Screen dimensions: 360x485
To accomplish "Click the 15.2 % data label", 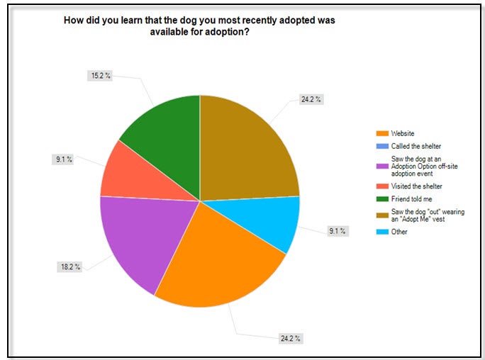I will pyautogui.click(x=101, y=75).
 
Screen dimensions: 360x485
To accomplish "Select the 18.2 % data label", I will pyautogui.click(x=70, y=267).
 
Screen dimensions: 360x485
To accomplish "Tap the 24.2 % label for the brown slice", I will pyautogui.click(x=311, y=99).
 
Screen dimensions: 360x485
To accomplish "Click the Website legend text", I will pyautogui.click(x=402, y=133).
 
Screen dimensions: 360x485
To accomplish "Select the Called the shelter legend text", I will pyautogui.click(x=416, y=145).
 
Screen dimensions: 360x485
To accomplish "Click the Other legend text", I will pyautogui.click(x=398, y=231).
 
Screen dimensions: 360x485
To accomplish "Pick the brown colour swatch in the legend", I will pyautogui.click(x=383, y=215).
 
